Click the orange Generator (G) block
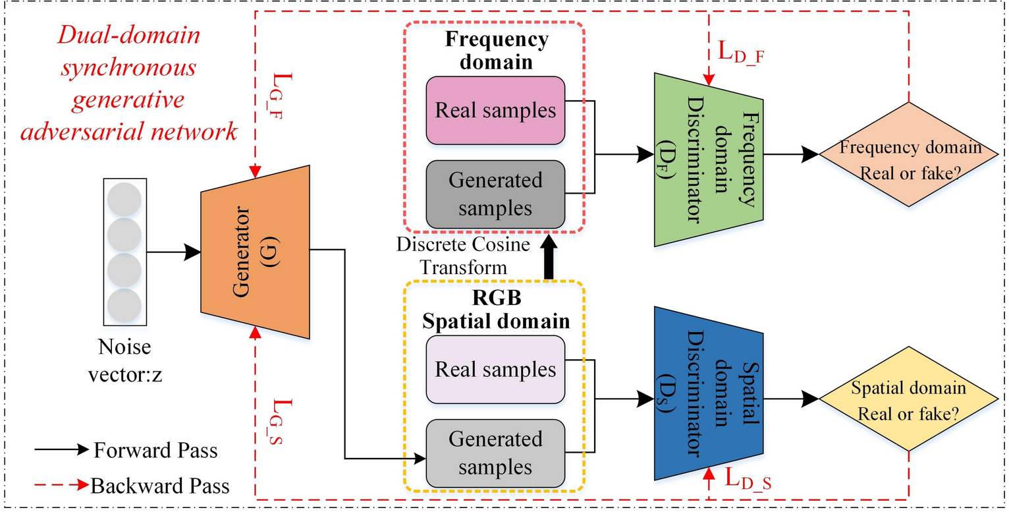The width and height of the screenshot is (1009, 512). point(254,254)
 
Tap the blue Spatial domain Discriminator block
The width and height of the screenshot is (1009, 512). point(708,393)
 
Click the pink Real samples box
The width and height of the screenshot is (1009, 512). point(495,111)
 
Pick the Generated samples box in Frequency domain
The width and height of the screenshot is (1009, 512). point(495,193)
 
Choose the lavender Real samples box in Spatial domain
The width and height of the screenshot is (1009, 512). point(495,370)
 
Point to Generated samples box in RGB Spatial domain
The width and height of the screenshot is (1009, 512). point(495,452)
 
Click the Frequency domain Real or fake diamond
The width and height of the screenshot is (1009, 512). point(909,157)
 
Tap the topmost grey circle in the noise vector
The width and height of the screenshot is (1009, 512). point(123,199)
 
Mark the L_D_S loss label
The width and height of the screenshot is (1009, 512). point(748,478)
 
